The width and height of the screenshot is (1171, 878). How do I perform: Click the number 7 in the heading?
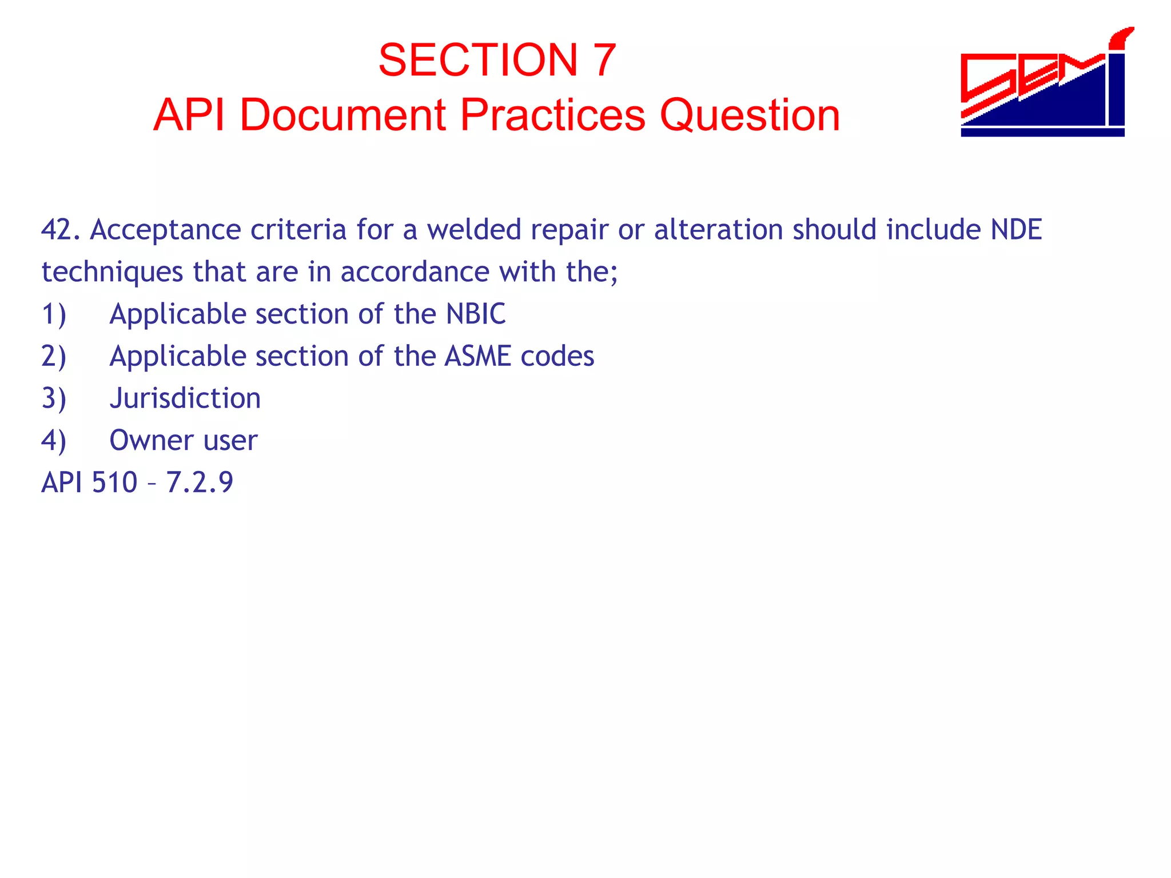[604, 60]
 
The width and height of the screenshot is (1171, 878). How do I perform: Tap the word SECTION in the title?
[478, 60]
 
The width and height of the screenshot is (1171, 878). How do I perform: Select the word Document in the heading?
[342, 115]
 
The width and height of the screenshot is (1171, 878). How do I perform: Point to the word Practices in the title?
[552, 115]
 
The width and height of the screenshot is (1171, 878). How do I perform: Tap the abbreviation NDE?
[1016, 230]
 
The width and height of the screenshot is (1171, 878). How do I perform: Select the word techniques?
[112, 272]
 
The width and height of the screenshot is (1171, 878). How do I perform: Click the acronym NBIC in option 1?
[476, 314]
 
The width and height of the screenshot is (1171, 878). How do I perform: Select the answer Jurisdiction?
[185, 398]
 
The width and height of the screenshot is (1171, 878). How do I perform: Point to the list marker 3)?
[54, 398]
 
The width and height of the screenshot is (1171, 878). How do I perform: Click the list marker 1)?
[54, 314]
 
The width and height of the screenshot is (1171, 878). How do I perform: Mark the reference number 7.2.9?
[200, 482]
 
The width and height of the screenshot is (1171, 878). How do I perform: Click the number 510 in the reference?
[114, 482]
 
